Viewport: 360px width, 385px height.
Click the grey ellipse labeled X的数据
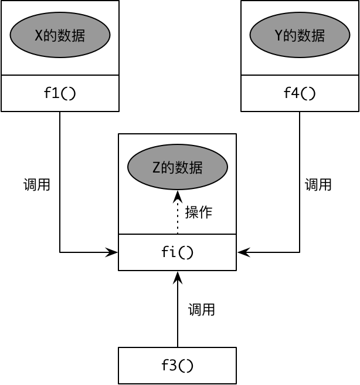pyautogui.click(x=60, y=35)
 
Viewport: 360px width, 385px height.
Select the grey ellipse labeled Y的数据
pyautogui.click(x=300, y=35)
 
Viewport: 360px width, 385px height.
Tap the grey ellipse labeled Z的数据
pyautogui.click(x=178, y=167)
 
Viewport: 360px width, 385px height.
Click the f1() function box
pyautogui.click(x=60, y=93)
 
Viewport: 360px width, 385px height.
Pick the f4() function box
pyautogui.click(x=300, y=93)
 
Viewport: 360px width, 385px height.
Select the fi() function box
pyautogui.click(x=177, y=252)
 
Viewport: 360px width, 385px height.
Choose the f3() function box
pyautogui.click(x=177, y=366)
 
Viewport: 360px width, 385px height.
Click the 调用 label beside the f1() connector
pyautogui.click(x=36, y=185)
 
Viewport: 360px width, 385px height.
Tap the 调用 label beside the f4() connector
pyautogui.click(x=318, y=185)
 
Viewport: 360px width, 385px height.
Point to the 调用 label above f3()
pyautogui.click(x=201, y=310)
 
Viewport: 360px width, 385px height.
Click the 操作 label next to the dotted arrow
pyautogui.click(x=198, y=212)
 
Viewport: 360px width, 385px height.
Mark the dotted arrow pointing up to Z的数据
pyautogui.click(x=178, y=214)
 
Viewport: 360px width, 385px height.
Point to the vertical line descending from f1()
pyautogui.click(x=60, y=176)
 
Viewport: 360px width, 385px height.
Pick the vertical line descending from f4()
pyautogui.click(x=300, y=176)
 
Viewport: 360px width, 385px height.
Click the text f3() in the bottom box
pyautogui.click(x=177, y=366)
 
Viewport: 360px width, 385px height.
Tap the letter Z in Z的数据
pyautogui.click(x=156, y=168)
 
